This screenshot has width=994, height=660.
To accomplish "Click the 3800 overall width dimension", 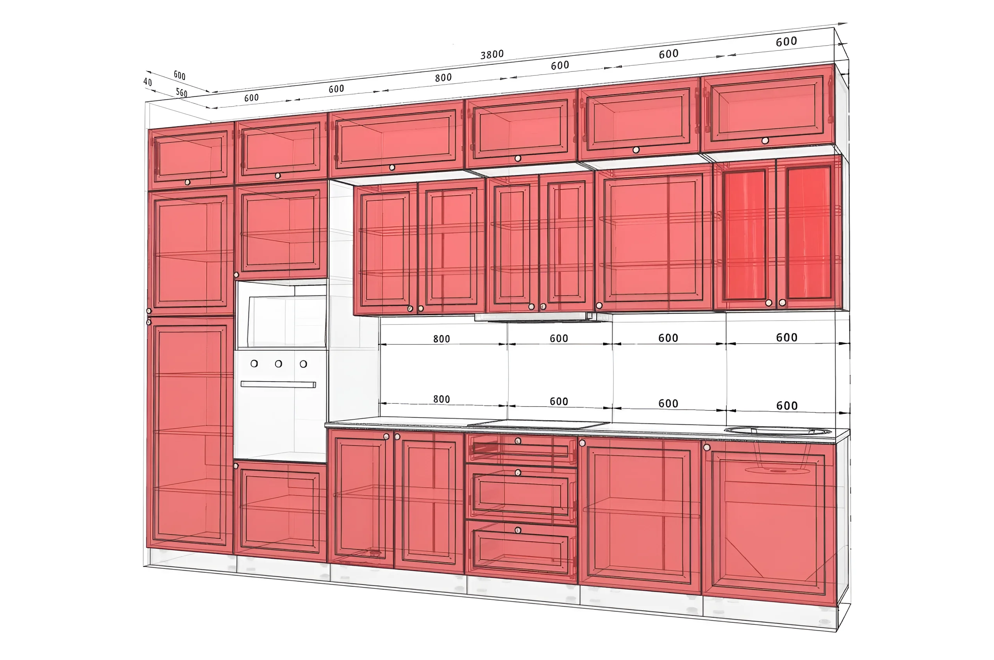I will [492, 54].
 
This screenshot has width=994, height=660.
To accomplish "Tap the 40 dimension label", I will [147, 82].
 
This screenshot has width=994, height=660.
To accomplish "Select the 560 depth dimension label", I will [181, 92].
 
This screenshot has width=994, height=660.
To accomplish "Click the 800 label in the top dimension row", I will [443, 77].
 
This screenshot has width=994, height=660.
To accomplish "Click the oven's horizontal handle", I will [278, 384].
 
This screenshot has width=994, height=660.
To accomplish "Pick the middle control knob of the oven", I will [278, 364].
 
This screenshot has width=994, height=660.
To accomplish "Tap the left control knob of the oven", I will [254, 363].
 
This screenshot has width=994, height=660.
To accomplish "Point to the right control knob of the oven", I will [303, 364].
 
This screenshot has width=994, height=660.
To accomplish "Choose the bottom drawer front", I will [521, 549].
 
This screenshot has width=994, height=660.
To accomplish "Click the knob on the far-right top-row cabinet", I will [765, 141].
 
